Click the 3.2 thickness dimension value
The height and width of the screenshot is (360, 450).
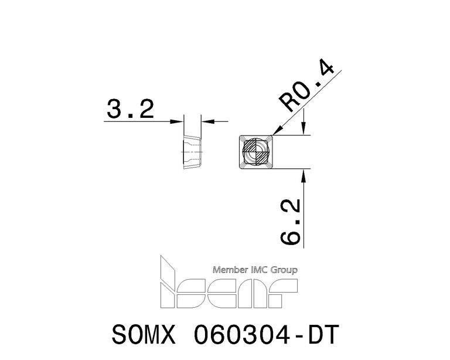click(x=131, y=109)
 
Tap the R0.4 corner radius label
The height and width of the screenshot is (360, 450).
click(x=306, y=86)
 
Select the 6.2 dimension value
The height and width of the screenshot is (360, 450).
click(x=290, y=222)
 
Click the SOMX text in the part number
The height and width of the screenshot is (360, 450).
click(x=144, y=334)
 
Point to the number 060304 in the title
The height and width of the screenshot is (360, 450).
click(x=242, y=334)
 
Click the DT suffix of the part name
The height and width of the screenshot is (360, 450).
click(x=323, y=334)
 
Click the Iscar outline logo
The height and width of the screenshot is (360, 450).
click(x=229, y=282)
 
